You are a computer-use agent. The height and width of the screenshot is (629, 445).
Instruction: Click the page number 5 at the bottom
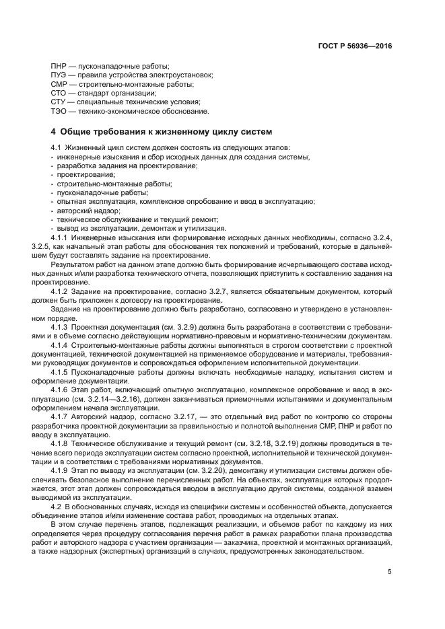point(390,572)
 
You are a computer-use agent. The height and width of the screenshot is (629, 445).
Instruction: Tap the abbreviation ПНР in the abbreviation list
point(59,67)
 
